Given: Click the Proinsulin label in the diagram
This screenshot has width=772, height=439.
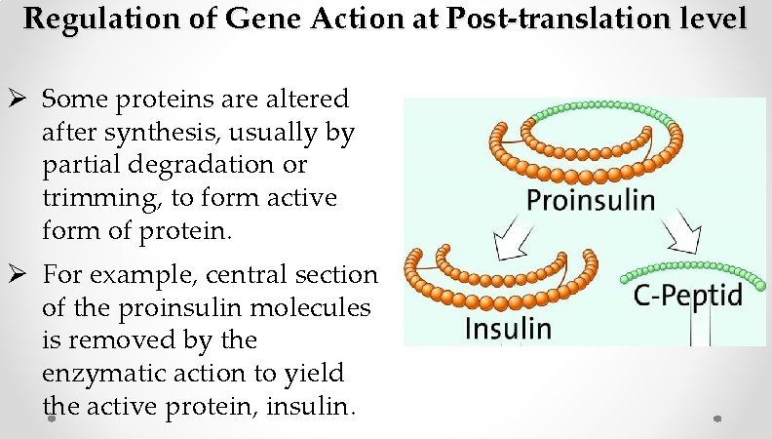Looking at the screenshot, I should click(591, 200).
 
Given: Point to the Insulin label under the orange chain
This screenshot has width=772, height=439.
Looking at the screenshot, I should click(507, 327).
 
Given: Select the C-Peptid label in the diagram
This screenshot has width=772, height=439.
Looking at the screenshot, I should click(688, 294).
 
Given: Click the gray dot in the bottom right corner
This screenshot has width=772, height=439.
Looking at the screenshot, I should click(716, 419).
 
